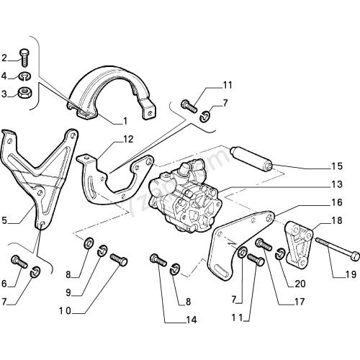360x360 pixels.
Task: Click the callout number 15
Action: click(x=336, y=166)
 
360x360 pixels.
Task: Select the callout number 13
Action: click(x=336, y=184)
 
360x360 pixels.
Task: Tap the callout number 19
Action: click(x=350, y=274)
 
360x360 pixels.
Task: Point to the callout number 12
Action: click(x=127, y=139)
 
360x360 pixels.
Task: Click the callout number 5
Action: click(x=4, y=220)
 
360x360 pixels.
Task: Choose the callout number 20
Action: click(x=300, y=284)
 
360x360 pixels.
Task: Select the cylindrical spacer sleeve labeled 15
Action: click(x=251, y=159)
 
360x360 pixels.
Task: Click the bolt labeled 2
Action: click(x=24, y=58)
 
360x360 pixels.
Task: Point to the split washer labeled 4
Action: click(x=24, y=76)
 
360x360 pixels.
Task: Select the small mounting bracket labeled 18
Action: click(x=298, y=243)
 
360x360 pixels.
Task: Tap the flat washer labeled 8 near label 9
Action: click(x=89, y=243)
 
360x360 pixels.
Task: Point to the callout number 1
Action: click(x=125, y=121)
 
